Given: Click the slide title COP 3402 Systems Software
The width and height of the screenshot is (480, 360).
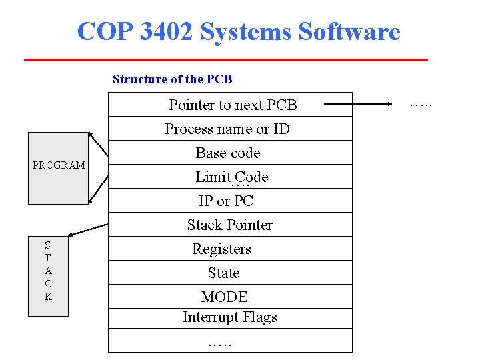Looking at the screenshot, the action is [239, 31].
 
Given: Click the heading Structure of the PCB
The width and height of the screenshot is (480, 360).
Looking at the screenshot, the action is [173, 79].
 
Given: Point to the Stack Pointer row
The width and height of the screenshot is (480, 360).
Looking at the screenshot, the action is [230, 225].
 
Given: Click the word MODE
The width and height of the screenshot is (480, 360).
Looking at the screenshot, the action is [224, 297].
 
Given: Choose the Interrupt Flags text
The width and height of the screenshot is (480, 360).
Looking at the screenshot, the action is [230, 317].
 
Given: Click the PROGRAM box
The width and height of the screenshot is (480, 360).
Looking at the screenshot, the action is [59, 168].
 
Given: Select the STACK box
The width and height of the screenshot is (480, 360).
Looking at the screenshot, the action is [48, 275].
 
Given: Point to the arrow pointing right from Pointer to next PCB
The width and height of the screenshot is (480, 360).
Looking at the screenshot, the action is [360, 104].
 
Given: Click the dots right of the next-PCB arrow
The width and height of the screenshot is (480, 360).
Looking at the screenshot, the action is [421, 104].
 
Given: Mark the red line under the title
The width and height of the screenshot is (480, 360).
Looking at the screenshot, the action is [225, 60].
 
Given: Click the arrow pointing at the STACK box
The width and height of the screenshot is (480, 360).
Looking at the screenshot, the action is [89, 228].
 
